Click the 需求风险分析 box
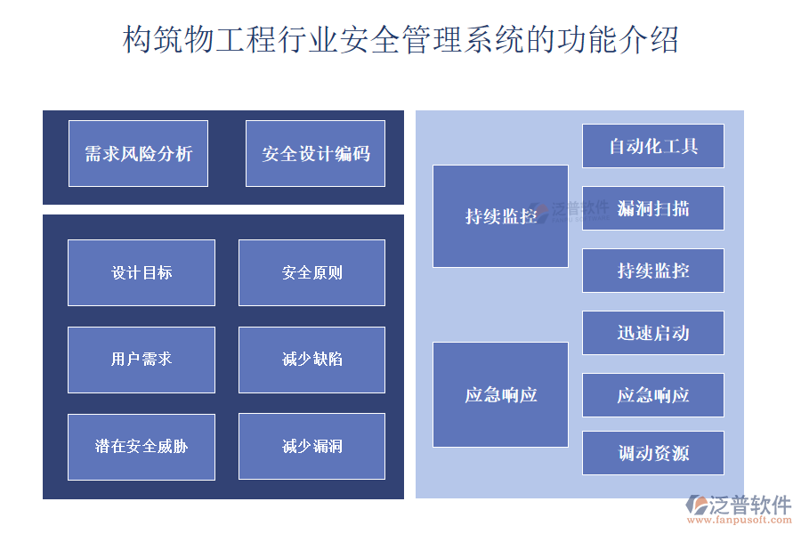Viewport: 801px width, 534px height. point(138,154)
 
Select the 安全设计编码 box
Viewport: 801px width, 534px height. point(315,154)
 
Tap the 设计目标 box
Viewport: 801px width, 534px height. point(142,272)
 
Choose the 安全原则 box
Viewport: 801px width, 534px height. point(311,272)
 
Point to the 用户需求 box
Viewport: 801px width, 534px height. point(142,360)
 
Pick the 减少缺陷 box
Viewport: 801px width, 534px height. point(311,360)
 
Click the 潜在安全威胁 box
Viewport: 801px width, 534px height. point(142,447)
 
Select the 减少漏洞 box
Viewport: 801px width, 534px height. point(311,447)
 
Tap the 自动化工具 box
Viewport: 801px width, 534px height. point(652,146)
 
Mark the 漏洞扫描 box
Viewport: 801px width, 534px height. point(652,208)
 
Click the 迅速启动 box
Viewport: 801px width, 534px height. point(652,333)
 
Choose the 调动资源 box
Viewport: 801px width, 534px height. point(652,453)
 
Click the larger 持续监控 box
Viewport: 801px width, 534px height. point(500,216)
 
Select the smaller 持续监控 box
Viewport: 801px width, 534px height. point(652,271)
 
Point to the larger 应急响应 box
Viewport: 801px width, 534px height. point(500,394)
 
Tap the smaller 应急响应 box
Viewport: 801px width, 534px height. point(652,395)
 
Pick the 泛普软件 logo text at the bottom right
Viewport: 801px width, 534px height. point(749,505)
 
